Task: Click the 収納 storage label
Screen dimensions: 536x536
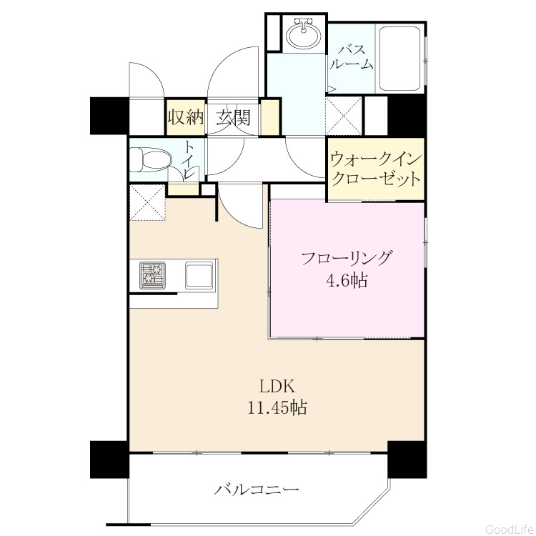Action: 186,117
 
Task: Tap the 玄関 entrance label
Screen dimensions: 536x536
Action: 233,117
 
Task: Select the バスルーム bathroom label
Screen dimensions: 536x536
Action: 352,56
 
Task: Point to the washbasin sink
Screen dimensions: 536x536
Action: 303,34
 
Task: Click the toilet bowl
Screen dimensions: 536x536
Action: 150,159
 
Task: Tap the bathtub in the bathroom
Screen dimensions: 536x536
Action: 399,57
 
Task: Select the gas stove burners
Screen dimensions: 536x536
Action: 152,276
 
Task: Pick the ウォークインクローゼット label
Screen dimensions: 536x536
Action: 376,169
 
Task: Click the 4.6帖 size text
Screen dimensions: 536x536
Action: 347,281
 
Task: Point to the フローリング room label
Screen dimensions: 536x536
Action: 345,258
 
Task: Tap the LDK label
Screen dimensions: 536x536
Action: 277,386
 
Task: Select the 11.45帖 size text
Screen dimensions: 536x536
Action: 277,407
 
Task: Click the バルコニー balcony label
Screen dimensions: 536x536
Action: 257,490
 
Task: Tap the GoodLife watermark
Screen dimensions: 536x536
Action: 509,529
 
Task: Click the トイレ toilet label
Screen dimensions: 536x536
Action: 189,158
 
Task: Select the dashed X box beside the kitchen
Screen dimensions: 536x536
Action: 148,202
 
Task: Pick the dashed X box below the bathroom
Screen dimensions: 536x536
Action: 343,116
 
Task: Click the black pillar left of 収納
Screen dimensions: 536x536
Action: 109,116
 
